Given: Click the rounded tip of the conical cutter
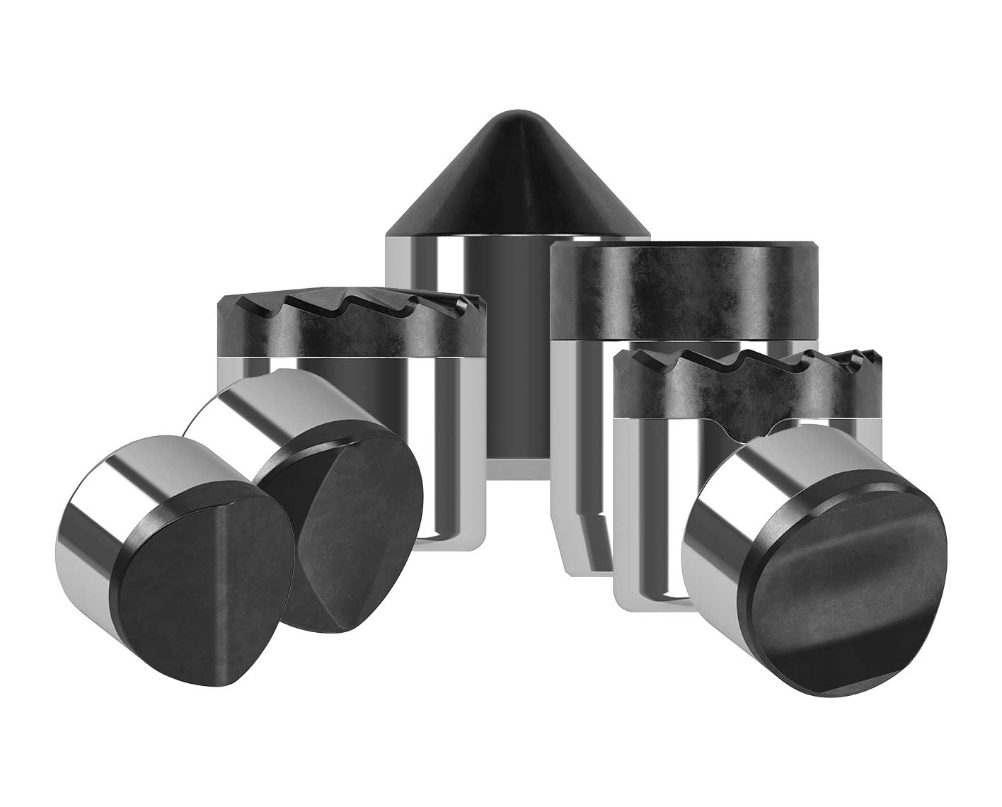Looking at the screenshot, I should coord(517,121).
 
